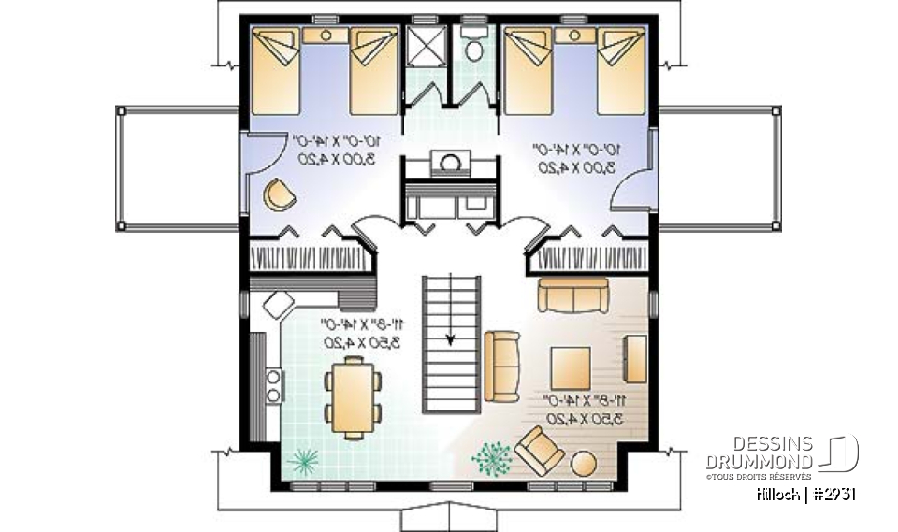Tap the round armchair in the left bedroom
point(279,194)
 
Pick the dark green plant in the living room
point(491,457)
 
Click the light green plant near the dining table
point(303,461)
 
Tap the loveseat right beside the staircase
point(502,362)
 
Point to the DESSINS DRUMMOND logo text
point(759,453)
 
